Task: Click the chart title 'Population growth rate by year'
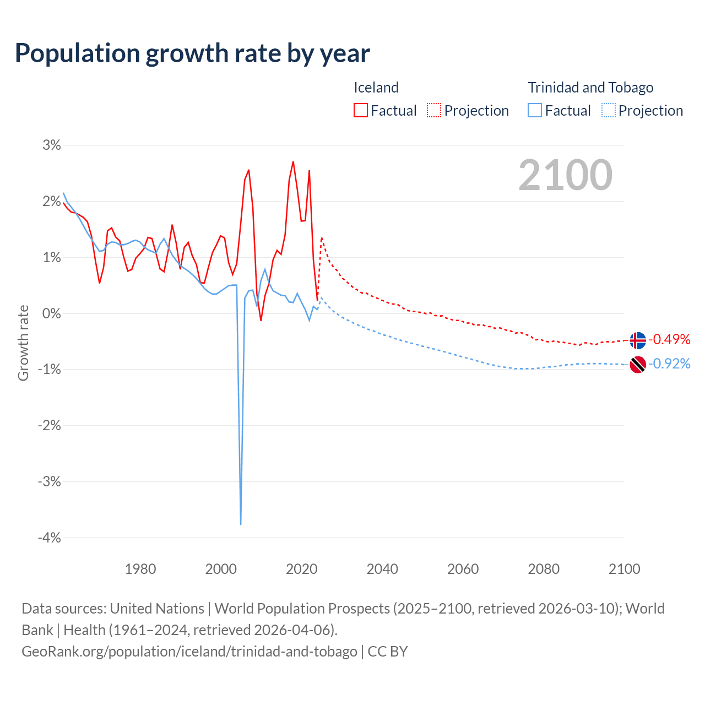pyautogui.click(x=192, y=53)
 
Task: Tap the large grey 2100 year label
pyautogui.click(x=565, y=175)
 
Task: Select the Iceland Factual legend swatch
pyautogui.click(x=361, y=110)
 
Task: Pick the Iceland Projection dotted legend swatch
pyautogui.click(x=434, y=110)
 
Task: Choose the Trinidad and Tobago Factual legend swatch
pyautogui.click(x=535, y=110)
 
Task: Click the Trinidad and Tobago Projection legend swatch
pyautogui.click(x=608, y=110)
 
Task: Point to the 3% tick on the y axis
pyautogui.click(x=52, y=145)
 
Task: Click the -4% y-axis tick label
pyautogui.click(x=49, y=538)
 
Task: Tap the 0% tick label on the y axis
pyautogui.click(x=51, y=313)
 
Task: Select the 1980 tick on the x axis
pyautogui.click(x=140, y=569)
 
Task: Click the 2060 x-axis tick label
pyautogui.click(x=463, y=569)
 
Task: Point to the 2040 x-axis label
pyautogui.click(x=382, y=569)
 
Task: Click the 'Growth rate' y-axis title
pyautogui.click(x=23, y=343)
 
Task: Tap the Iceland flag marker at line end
pyautogui.click(x=637, y=340)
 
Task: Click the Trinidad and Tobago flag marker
pyautogui.click(x=637, y=364)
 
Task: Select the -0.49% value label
pyautogui.click(x=669, y=339)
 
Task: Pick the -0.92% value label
pyautogui.click(x=669, y=364)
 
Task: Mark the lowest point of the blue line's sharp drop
pyautogui.click(x=241, y=524)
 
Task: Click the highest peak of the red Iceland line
pyautogui.click(x=293, y=162)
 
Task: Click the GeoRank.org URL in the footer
pyautogui.click(x=189, y=651)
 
